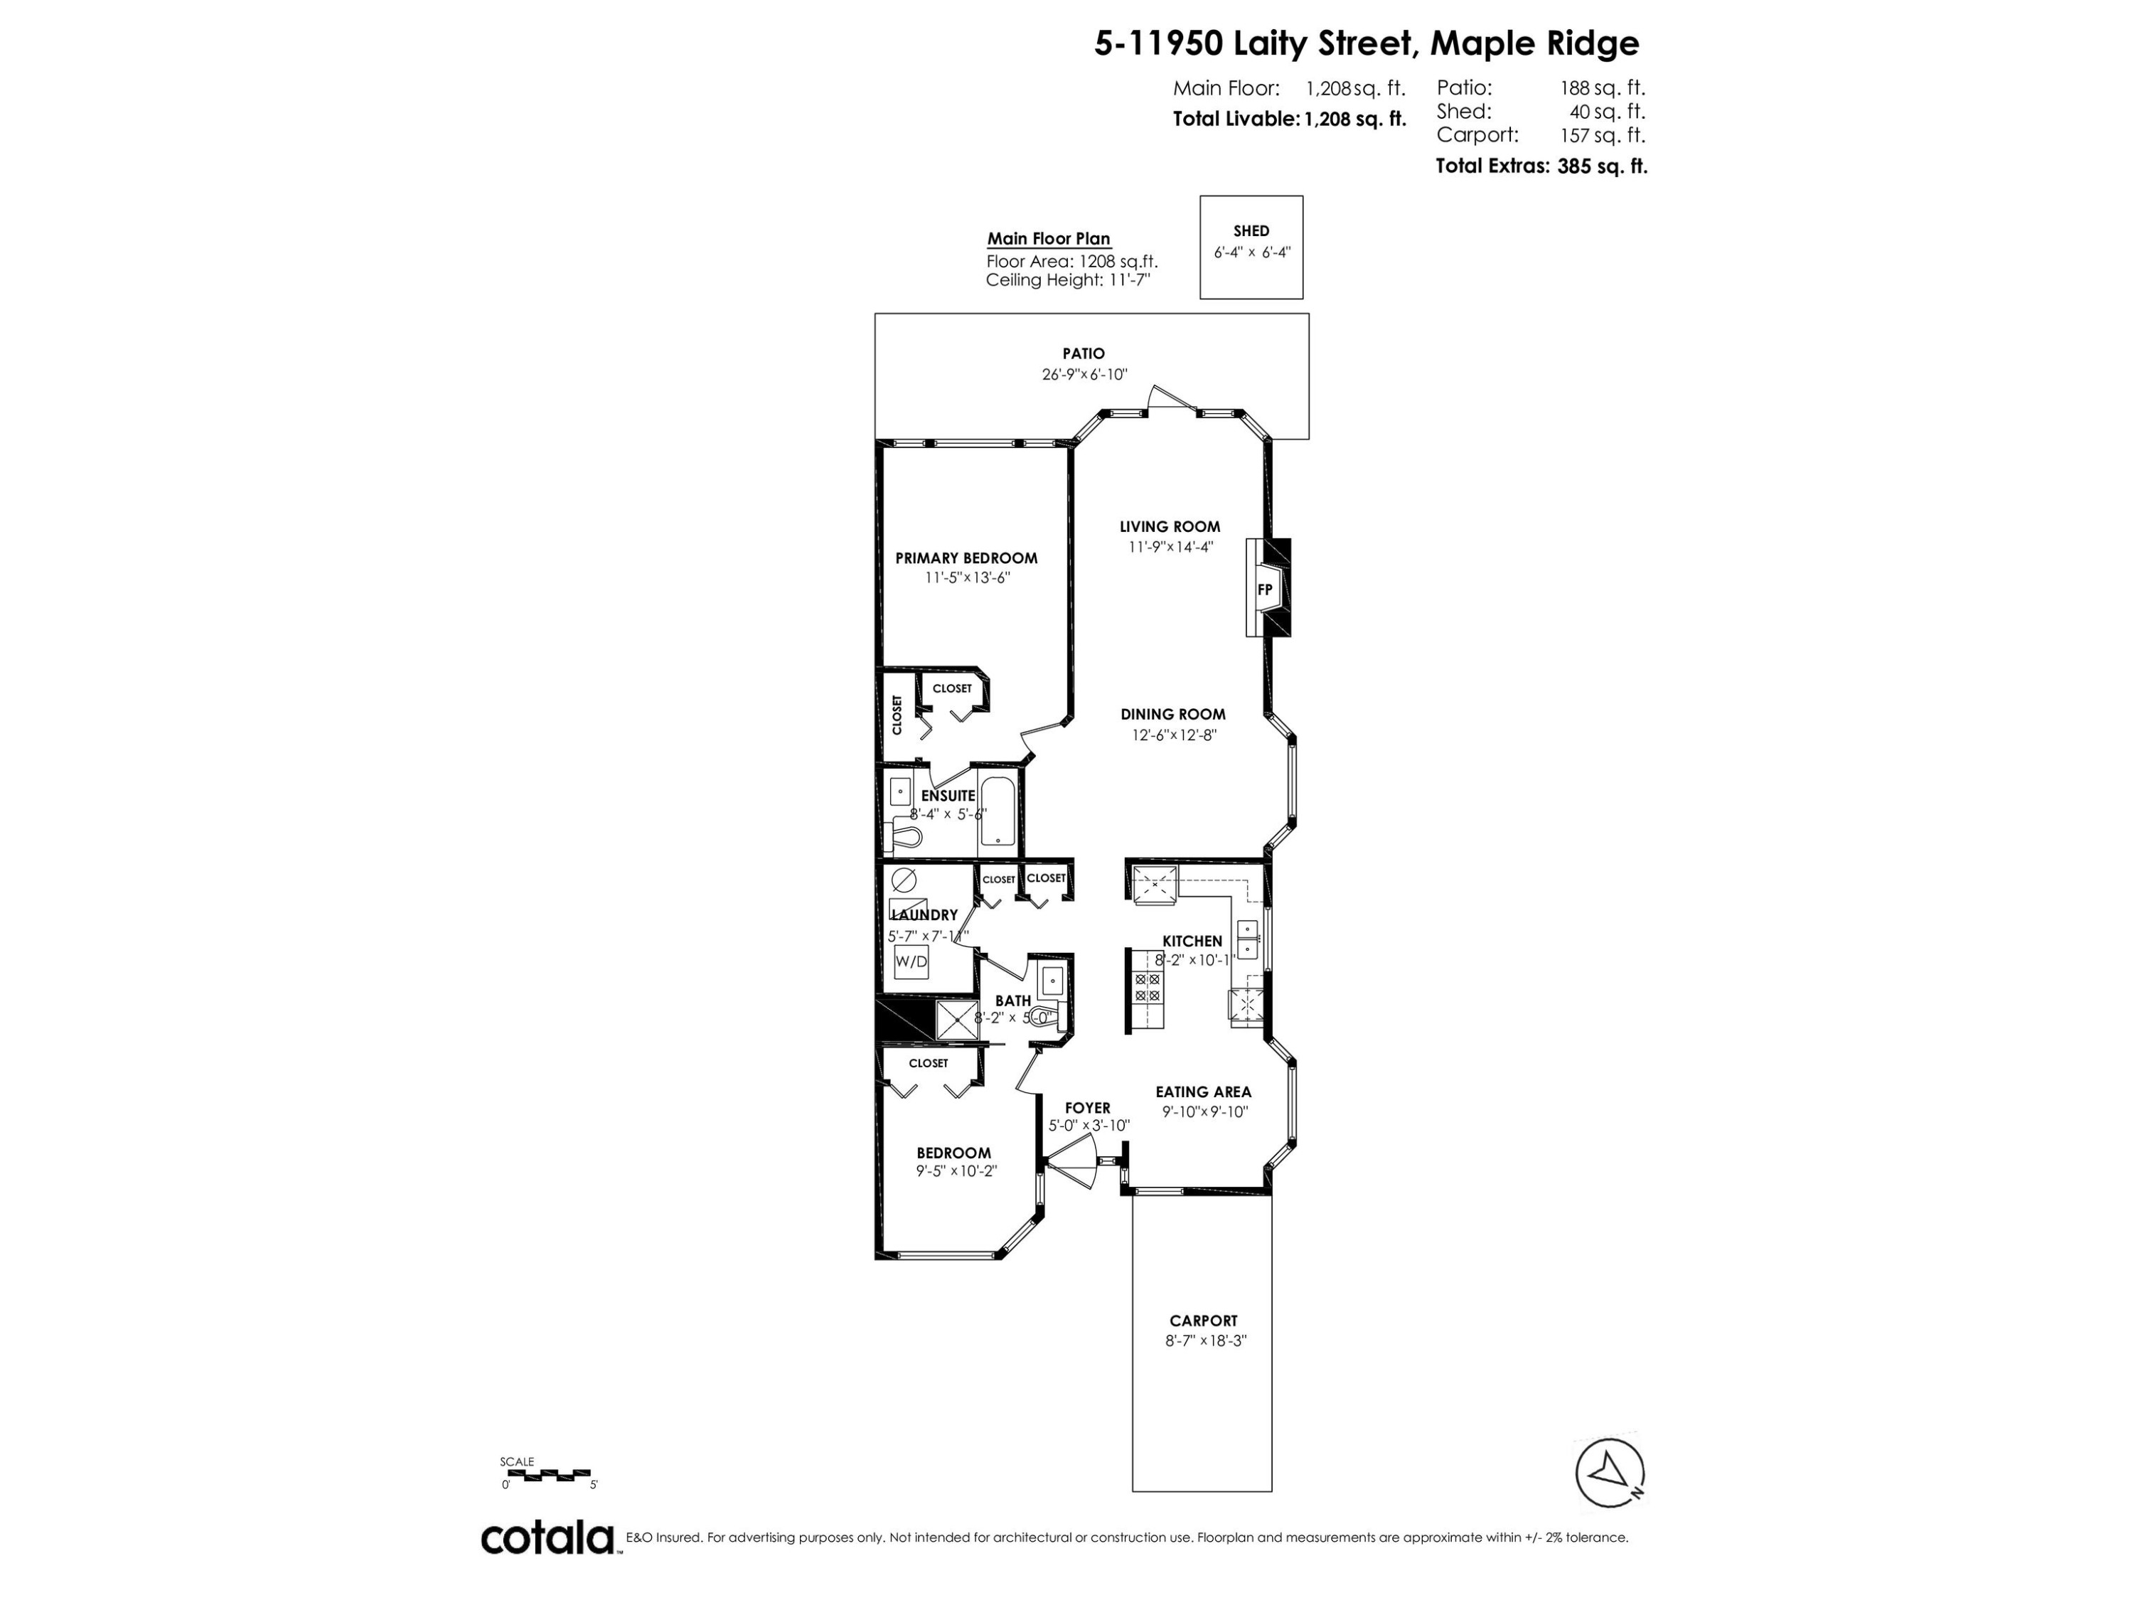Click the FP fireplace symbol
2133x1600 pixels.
pyautogui.click(x=1264, y=590)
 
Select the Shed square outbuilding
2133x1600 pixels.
pyautogui.click(x=1251, y=247)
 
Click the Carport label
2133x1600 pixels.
pyautogui.click(x=1202, y=1321)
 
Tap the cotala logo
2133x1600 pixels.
pyautogui.click(x=547, y=1537)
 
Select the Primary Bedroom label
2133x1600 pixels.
pyautogui.click(x=966, y=558)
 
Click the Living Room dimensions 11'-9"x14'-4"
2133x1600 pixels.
pyautogui.click(x=1170, y=547)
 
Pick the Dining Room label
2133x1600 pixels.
pyautogui.click(x=1172, y=714)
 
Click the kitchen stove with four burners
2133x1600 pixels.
pyautogui.click(x=1148, y=986)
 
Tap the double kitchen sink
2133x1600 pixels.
pyautogui.click(x=1248, y=939)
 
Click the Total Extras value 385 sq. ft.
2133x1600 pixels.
pyautogui.click(x=1602, y=166)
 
